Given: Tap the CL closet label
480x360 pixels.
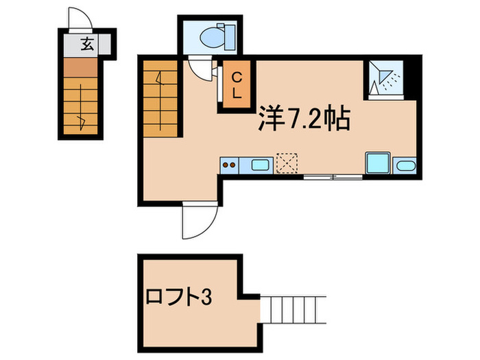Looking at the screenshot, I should coord(235,86).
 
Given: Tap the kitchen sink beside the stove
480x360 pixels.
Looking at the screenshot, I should coord(259,165).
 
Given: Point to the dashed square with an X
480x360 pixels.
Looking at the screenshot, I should coord(285,163).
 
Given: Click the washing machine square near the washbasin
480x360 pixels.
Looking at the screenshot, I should coord(378,163).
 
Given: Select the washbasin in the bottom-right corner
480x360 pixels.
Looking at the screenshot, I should coord(405,165).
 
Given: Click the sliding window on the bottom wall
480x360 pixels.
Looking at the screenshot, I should coord(333,178).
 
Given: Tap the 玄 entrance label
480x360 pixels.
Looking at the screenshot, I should coord(87,45).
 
